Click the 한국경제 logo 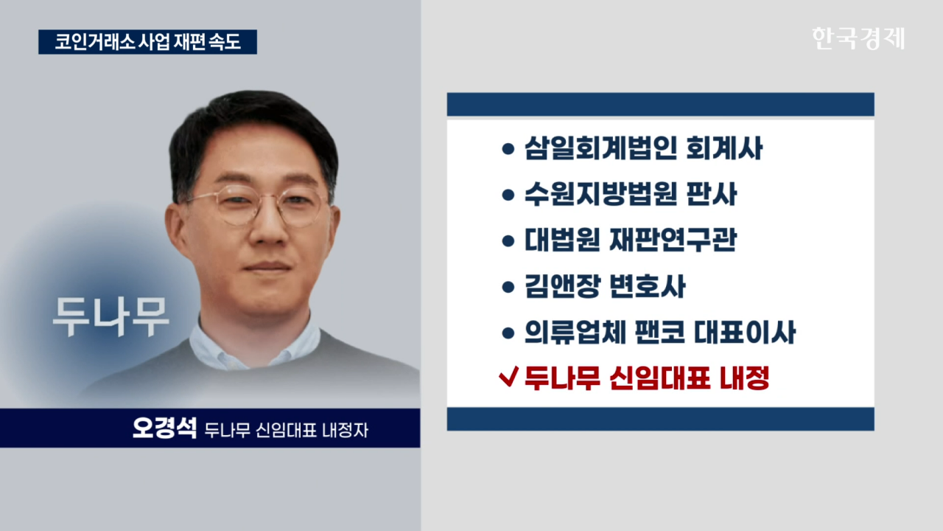(x=858, y=39)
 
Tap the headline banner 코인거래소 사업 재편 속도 (x=148, y=42)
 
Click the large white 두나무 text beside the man (x=111, y=316)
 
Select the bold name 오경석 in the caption (x=164, y=428)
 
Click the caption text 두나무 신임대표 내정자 (x=287, y=430)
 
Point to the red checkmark (x=508, y=376)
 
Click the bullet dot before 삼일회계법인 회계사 (x=508, y=149)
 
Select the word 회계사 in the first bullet (x=724, y=148)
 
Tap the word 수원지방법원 (x=600, y=194)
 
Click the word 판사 (x=712, y=194)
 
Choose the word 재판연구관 (x=673, y=240)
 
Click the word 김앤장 (x=562, y=286)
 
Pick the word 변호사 (x=648, y=286)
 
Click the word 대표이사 (x=745, y=332)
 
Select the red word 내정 (x=745, y=378)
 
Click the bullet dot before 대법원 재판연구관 (x=508, y=241)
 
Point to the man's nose (x=267, y=229)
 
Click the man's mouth (x=267, y=267)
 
